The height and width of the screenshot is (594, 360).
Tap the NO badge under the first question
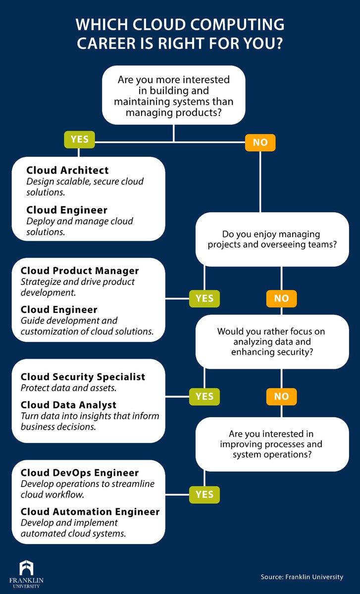tap(260, 143)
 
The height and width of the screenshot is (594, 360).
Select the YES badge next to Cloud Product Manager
tap(205, 298)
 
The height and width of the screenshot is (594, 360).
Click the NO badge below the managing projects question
tap(281, 299)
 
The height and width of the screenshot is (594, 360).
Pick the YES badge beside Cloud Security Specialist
tap(205, 396)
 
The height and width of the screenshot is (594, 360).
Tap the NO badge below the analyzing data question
tap(281, 396)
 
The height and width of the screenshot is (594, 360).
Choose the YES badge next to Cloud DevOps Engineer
tap(205, 495)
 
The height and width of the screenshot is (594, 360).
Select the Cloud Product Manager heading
tap(80, 271)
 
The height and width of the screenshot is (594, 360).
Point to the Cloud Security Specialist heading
tap(83, 377)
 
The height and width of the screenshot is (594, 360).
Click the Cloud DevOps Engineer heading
tap(79, 473)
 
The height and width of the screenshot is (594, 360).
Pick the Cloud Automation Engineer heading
tap(90, 512)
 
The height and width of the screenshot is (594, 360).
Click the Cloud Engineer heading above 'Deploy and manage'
tap(67, 210)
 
